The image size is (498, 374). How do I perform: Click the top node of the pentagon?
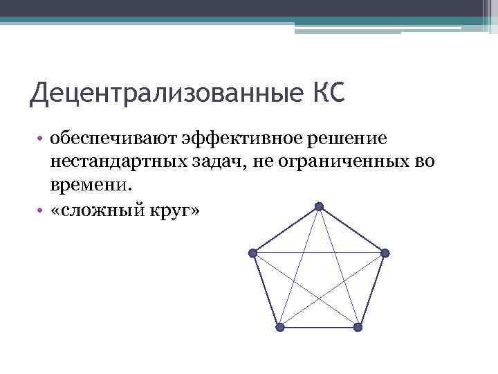click(x=319, y=206)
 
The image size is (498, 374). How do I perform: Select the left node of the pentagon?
click(x=253, y=253)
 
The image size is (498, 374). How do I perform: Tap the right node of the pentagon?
click(x=385, y=253)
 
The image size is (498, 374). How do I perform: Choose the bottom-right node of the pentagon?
click(x=358, y=327)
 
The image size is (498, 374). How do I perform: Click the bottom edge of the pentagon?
click(x=318, y=327)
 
